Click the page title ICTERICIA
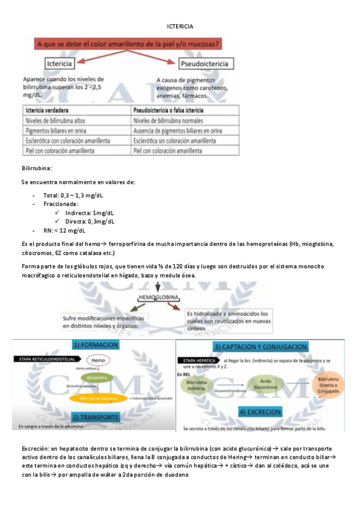(x=180, y=27)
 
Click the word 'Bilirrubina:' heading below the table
(x=37, y=170)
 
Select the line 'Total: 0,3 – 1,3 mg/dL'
(x=73, y=195)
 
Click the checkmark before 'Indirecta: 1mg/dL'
(x=57, y=213)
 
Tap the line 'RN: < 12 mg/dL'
(x=64, y=230)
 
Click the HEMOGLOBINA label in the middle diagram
(x=158, y=297)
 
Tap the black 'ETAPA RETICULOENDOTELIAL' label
(x=40, y=360)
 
